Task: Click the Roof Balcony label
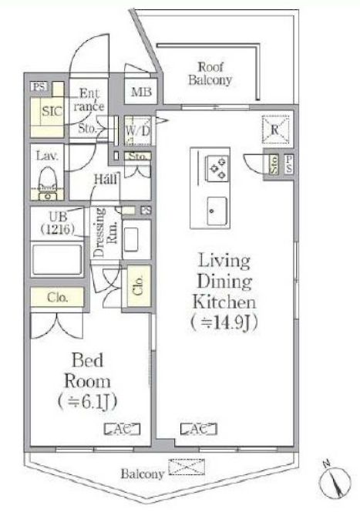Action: point(210,74)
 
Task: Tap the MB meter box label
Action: point(141,92)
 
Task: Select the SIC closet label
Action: point(52,111)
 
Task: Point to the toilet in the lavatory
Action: point(48,184)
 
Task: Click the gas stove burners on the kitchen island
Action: point(217,168)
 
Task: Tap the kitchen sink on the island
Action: point(217,211)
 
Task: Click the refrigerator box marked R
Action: point(275,130)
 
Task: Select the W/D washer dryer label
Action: point(137,131)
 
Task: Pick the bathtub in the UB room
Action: point(57,259)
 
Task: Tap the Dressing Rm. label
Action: point(106,232)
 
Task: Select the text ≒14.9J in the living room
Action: point(224,323)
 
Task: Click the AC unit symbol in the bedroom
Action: point(122,429)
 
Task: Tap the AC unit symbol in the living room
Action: point(199,429)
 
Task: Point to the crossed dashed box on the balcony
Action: point(187,467)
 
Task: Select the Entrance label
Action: point(89,99)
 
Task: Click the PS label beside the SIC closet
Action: point(39,86)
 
